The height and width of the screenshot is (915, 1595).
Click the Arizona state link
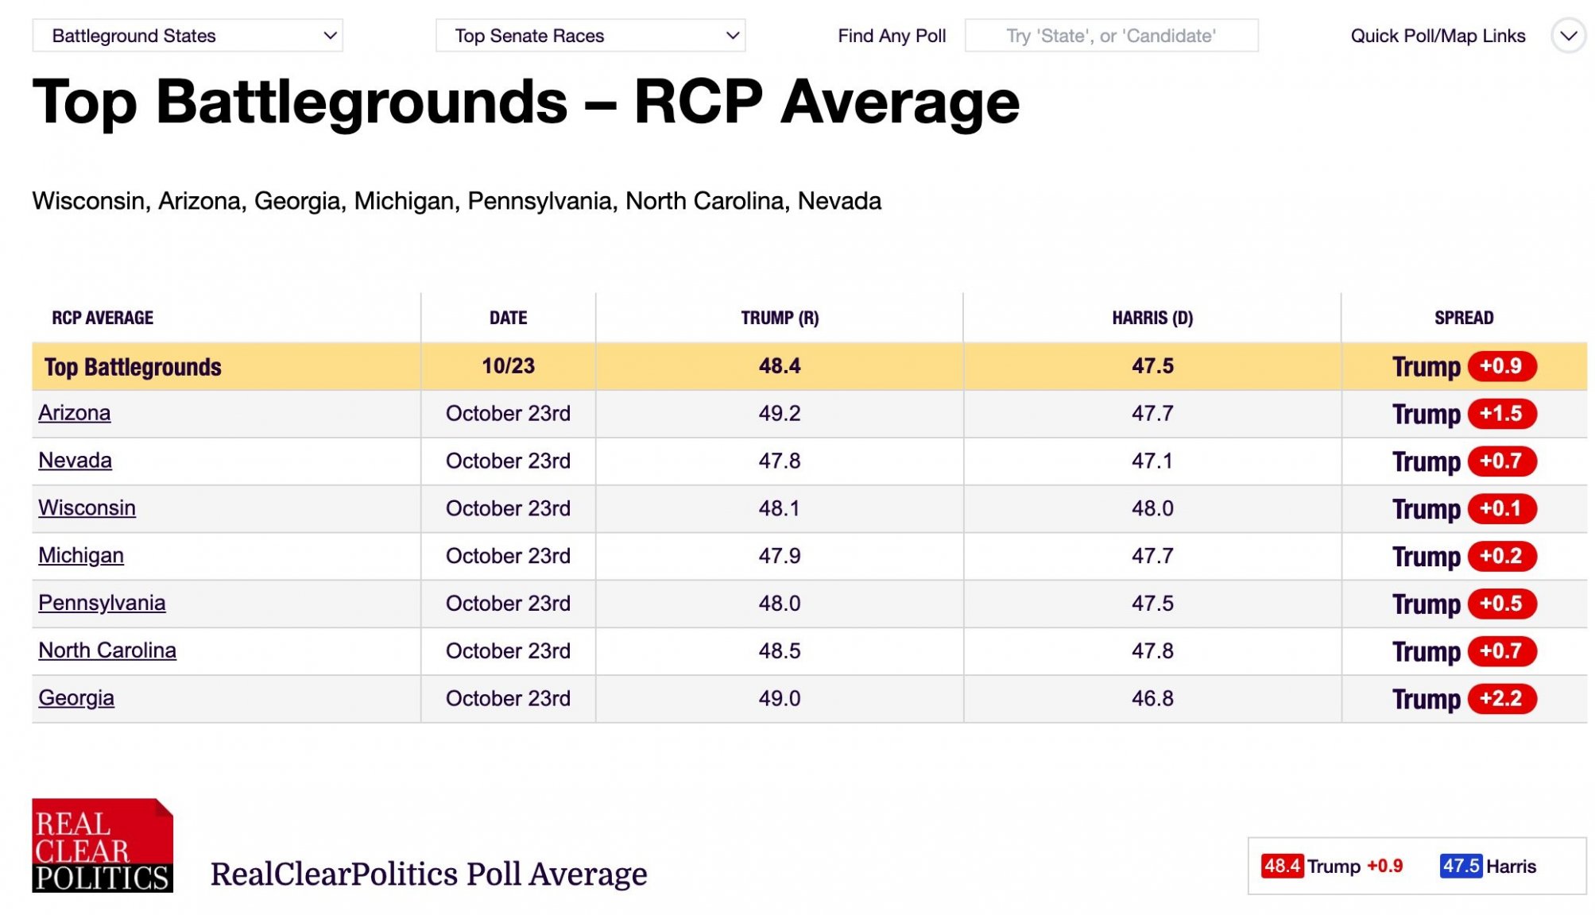[x=74, y=413]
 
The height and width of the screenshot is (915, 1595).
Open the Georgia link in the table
[x=76, y=698]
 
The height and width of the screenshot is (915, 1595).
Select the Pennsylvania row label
[x=102, y=603]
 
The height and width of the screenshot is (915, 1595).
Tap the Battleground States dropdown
[x=188, y=36]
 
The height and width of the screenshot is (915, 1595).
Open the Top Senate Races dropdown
[x=590, y=36]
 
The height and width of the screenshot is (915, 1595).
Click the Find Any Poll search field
[x=1111, y=36]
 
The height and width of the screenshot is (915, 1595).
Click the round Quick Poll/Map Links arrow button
[x=1568, y=36]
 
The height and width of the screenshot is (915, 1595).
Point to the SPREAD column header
[x=1464, y=318]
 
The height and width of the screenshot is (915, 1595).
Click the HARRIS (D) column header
[x=1152, y=318]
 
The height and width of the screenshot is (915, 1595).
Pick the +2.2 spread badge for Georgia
[x=1502, y=699]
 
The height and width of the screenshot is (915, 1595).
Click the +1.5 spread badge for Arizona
[x=1502, y=414]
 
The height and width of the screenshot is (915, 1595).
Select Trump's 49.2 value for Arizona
[x=780, y=413]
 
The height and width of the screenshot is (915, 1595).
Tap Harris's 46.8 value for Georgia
[x=1152, y=698]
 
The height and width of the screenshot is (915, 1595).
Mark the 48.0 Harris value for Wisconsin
[x=1152, y=508]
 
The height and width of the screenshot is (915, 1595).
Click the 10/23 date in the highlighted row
[x=508, y=366]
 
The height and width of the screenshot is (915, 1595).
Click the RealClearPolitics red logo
[x=103, y=845]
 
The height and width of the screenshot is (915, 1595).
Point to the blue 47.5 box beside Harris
[x=1461, y=866]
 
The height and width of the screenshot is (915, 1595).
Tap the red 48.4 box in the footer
[x=1282, y=866]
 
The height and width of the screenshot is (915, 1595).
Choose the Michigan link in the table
[x=81, y=555]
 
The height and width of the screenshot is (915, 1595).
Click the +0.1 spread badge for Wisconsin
[x=1502, y=508]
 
